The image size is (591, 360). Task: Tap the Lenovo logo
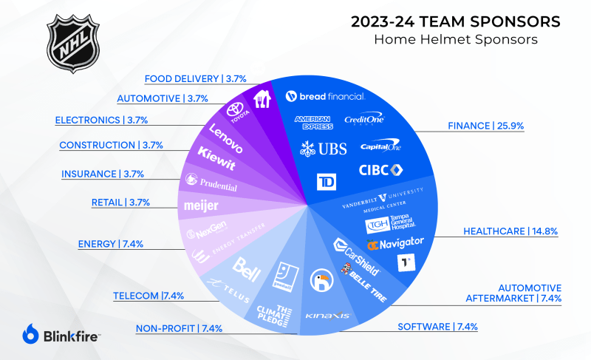click(x=225, y=137)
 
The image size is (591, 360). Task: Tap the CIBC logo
click(x=380, y=170)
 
